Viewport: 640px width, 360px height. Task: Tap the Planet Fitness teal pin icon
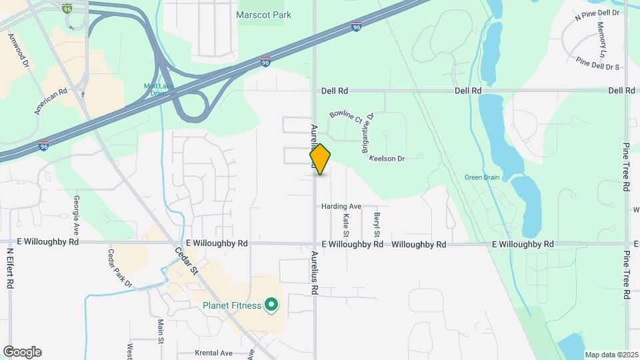(x=271, y=305)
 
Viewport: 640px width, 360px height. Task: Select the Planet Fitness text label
(x=232, y=306)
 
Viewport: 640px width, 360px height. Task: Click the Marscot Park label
(x=264, y=15)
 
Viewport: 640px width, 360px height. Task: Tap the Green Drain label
(x=482, y=177)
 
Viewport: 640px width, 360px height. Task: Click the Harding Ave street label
(x=341, y=207)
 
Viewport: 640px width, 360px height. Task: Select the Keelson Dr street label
(x=387, y=159)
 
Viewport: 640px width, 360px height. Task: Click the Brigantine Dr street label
(x=368, y=133)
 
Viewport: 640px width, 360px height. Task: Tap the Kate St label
(x=346, y=225)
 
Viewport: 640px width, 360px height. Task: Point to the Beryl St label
(x=377, y=225)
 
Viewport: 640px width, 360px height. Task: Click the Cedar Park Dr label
(x=120, y=269)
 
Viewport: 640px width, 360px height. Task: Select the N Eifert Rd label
(x=10, y=268)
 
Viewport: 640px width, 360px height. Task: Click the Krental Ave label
(x=213, y=353)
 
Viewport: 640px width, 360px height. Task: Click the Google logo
(x=22, y=352)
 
